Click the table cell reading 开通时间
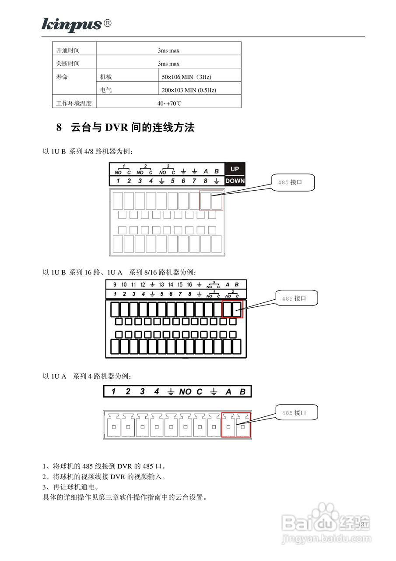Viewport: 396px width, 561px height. tap(68, 50)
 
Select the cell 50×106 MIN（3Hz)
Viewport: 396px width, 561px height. tap(186, 77)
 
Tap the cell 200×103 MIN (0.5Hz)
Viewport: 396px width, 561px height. tap(189, 90)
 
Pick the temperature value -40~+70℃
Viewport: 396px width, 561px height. tap(168, 103)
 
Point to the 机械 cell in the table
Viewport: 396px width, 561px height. tap(106, 77)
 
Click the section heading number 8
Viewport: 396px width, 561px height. tap(59, 128)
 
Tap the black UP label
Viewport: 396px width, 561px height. tap(235, 169)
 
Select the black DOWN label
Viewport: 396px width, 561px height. tap(235, 181)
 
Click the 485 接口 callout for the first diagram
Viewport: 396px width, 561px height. tap(293, 182)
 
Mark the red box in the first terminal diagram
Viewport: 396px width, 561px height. tap(211, 200)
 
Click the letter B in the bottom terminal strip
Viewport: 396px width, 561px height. tap(242, 391)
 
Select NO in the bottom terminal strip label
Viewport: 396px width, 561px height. tap(185, 391)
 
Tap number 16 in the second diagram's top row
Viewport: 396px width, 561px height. tap(189, 284)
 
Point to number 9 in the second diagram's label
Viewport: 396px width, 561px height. tap(115, 284)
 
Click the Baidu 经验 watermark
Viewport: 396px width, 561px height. tap(326, 524)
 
